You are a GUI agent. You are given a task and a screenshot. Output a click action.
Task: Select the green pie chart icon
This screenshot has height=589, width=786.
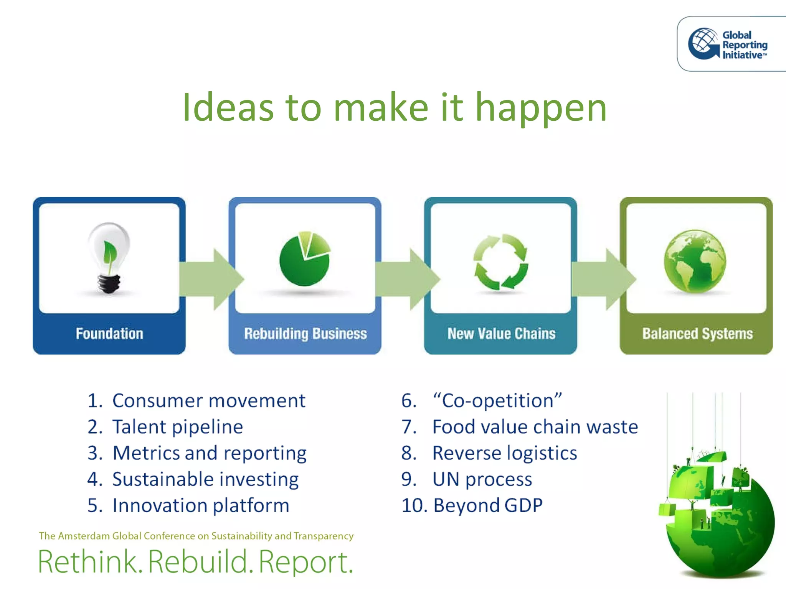click(305, 259)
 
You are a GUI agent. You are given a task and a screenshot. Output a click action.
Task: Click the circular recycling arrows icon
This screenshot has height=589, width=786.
click(500, 262)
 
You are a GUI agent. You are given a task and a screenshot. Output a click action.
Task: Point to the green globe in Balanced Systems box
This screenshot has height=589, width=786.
click(695, 261)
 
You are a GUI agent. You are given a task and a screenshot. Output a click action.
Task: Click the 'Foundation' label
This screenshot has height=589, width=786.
click(109, 334)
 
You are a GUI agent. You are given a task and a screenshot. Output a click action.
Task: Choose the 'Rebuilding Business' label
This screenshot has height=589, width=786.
click(305, 334)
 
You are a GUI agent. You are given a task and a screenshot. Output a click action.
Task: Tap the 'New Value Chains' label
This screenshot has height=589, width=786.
click(501, 334)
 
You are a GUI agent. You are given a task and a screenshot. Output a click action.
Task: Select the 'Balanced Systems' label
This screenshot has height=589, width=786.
click(697, 334)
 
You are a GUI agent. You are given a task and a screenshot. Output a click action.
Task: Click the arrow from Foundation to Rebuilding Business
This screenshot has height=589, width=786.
click(211, 279)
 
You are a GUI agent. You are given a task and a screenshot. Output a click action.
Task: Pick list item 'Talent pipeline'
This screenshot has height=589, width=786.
click(177, 427)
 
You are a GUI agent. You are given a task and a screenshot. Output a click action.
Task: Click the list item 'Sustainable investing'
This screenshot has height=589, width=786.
click(205, 479)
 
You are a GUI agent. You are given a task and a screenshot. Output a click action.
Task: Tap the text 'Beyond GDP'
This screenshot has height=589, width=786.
click(488, 505)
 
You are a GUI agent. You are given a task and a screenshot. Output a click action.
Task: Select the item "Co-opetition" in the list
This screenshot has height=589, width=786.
click(497, 401)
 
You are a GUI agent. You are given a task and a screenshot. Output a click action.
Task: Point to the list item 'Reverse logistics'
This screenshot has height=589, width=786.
click(504, 453)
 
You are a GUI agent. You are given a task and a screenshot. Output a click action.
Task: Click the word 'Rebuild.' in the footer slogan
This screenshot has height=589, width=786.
click(200, 562)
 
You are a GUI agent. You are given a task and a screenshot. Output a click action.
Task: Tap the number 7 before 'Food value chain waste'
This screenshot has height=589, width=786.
click(408, 427)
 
